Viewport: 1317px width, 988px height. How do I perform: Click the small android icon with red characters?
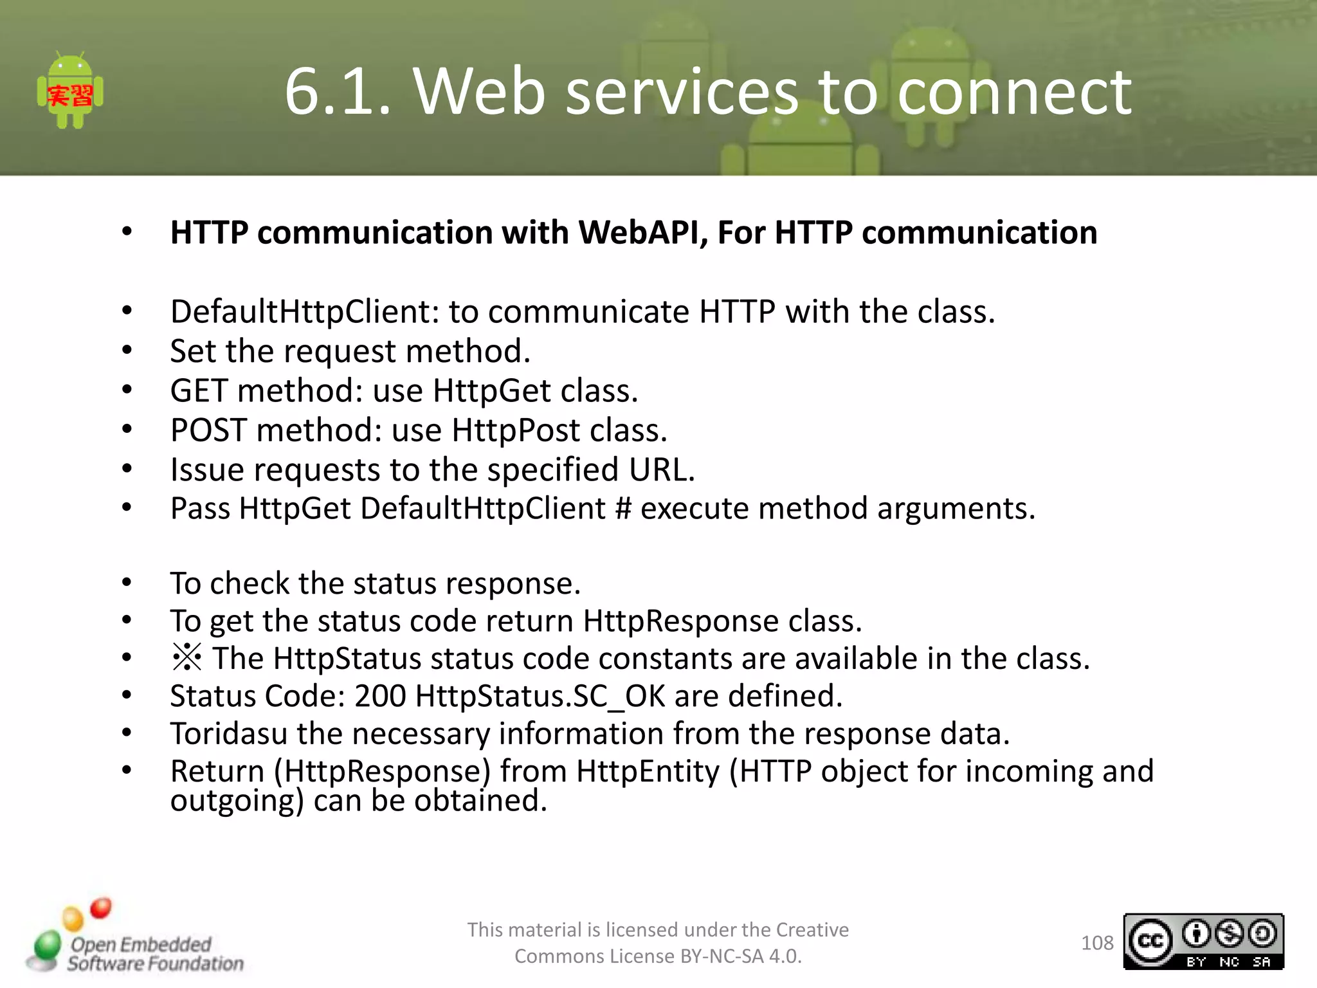click(70, 91)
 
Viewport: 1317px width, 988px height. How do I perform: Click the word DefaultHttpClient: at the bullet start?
click(305, 312)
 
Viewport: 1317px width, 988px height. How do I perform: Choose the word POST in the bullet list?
click(208, 430)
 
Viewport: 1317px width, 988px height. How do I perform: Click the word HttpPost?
click(516, 430)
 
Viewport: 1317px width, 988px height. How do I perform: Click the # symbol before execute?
click(623, 509)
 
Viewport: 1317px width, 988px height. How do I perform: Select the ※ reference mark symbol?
click(186, 658)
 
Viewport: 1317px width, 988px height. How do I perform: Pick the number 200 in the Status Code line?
click(380, 696)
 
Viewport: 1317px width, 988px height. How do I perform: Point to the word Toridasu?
click(228, 734)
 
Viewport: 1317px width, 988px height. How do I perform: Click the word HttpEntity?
click(648, 771)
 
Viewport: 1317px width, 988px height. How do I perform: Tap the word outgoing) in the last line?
click(237, 801)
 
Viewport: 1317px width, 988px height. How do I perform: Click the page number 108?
click(1097, 943)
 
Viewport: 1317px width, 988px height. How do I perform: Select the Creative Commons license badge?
click(1203, 942)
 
